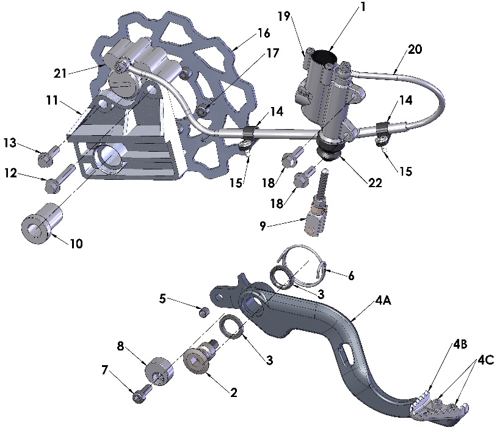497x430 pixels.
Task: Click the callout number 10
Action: click(x=76, y=243)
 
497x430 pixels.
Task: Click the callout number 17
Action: click(x=273, y=53)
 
